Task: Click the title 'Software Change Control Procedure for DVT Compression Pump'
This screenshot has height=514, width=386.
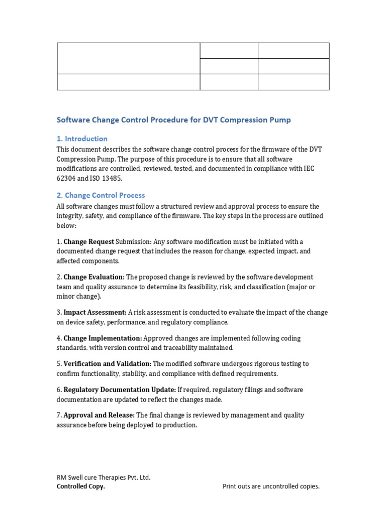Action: [x=173, y=120]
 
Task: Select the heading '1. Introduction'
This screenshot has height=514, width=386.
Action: [x=82, y=139]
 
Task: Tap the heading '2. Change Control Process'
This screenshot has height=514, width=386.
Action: [x=101, y=195]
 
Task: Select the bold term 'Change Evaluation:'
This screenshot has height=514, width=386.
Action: [x=94, y=277]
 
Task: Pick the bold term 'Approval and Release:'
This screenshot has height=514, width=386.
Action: [x=99, y=415]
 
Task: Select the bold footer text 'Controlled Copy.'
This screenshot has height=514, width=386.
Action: [x=81, y=486]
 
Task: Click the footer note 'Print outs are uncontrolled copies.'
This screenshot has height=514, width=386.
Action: [x=271, y=486]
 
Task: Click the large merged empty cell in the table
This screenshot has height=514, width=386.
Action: [x=128, y=58]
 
